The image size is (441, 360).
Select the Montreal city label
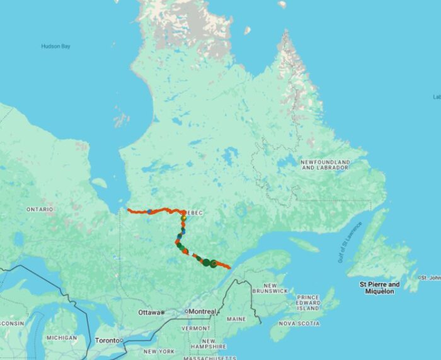[202, 312]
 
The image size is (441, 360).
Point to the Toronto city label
[106, 340]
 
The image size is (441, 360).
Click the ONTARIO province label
[40, 209]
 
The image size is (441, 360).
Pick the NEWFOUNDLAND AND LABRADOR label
[325, 165]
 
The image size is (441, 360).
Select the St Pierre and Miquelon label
[380, 288]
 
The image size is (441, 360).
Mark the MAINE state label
[236, 319]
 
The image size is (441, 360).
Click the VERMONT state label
[195, 329]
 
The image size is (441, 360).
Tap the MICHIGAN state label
[61, 338]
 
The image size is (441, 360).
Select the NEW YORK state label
[159, 351]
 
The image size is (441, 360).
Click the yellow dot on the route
[183, 218]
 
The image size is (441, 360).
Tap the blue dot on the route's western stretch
[149, 212]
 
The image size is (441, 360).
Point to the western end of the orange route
[128, 210]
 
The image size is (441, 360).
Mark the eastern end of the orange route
[229, 268]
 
